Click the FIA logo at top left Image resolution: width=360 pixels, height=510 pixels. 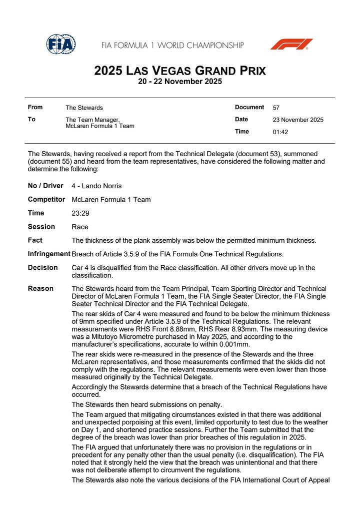click(x=61, y=45)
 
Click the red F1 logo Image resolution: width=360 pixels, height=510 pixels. click(x=291, y=44)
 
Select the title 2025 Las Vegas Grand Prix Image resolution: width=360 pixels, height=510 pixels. click(x=180, y=71)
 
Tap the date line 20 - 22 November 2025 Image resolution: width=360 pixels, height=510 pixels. click(x=180, y=82)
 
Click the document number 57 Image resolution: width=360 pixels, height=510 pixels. click(x=276, y=108)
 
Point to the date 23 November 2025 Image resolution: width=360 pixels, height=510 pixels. click(x=298, y=120)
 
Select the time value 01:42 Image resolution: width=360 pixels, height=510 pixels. click(x=280, y=132)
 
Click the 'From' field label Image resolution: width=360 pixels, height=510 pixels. click(x=35, y=107)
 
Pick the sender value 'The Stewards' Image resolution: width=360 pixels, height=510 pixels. click(x=84, y=108)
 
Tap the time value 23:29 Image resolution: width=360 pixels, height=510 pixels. click(x=80, y=213)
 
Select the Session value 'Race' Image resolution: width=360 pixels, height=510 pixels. click(x=80, y=227)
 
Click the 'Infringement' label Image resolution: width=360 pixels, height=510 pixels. click(x=49, y=254)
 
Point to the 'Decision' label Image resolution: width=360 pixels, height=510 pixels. click(x=42, y=267)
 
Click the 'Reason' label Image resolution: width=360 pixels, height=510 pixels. click(x=40, y=288)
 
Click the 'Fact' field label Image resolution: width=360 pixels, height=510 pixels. click(x=35, y=240)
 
